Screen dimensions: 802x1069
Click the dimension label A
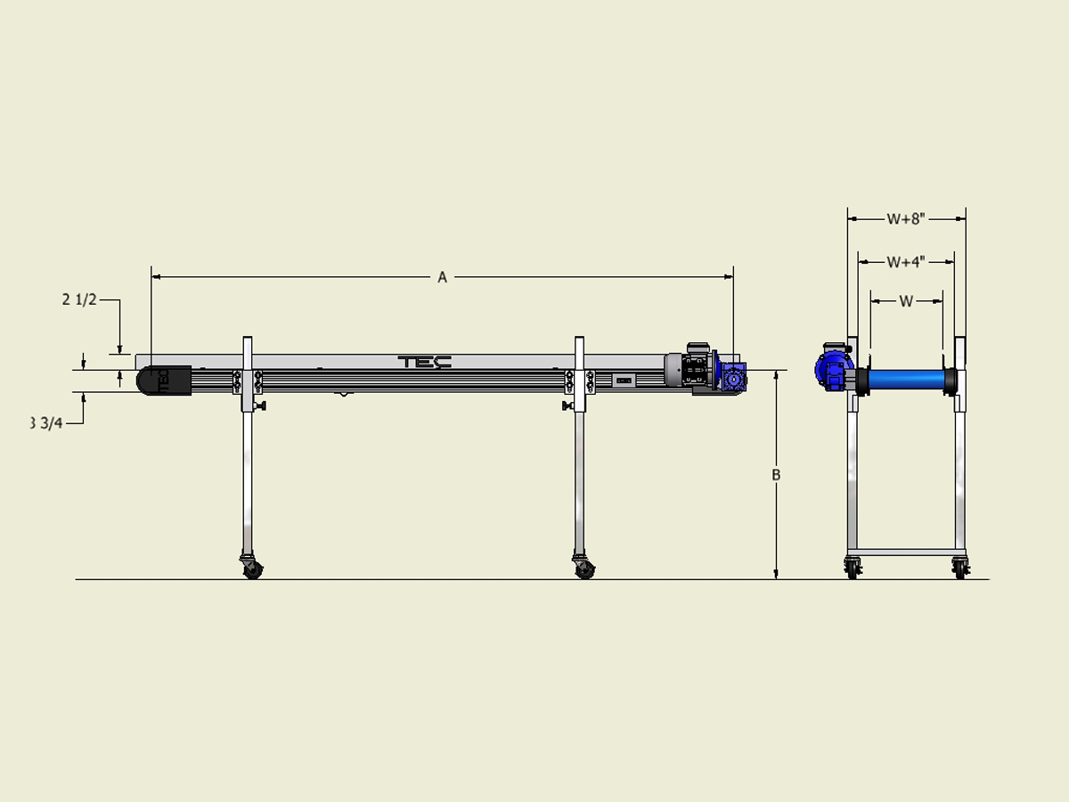pos(442,277)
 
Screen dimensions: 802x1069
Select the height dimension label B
pos(776,475)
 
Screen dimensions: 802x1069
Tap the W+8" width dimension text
pos(906,218)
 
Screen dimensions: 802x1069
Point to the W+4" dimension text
pos(906,262)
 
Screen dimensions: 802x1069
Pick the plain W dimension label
pos(906,301)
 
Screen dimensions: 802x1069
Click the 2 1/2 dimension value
pos(79,300)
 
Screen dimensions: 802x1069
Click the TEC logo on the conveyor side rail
pos(425,361)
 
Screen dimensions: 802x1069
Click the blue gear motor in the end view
pos(832,368)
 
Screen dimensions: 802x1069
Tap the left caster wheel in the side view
pos(253,569)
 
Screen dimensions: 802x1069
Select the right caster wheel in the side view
pos(584,569)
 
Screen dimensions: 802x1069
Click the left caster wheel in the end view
pos(853,567)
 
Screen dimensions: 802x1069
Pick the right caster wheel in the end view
pos(959,567)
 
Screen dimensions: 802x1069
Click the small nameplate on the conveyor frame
pos(624,381)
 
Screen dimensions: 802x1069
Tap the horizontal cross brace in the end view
pos(906,552)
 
